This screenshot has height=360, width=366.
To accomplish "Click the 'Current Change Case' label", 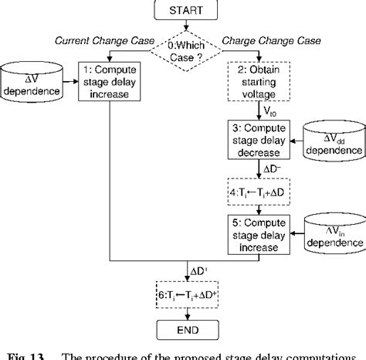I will click(97, 39).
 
